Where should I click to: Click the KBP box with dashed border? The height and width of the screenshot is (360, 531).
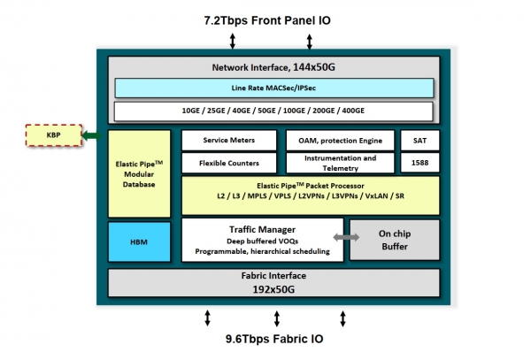[52, 135]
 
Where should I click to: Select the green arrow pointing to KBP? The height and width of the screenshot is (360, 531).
[90, 135]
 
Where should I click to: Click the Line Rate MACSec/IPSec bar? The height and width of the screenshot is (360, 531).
[273, 88]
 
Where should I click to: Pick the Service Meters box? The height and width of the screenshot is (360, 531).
[229, 140]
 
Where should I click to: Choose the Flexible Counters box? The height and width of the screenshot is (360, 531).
[229, 163]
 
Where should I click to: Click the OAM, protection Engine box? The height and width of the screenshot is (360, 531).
[340, 140]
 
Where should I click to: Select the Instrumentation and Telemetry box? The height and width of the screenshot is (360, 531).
[340, 163]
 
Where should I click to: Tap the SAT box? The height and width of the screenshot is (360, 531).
[419, 140]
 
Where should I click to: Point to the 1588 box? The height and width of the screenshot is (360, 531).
[419, 163]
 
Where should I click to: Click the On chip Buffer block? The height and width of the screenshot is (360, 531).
[394, 240]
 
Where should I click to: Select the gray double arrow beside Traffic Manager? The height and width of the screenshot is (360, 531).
[345, 238]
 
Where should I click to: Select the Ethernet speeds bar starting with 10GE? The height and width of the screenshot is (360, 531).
[273, 111]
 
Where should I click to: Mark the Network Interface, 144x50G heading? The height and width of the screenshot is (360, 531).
[273, 67]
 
